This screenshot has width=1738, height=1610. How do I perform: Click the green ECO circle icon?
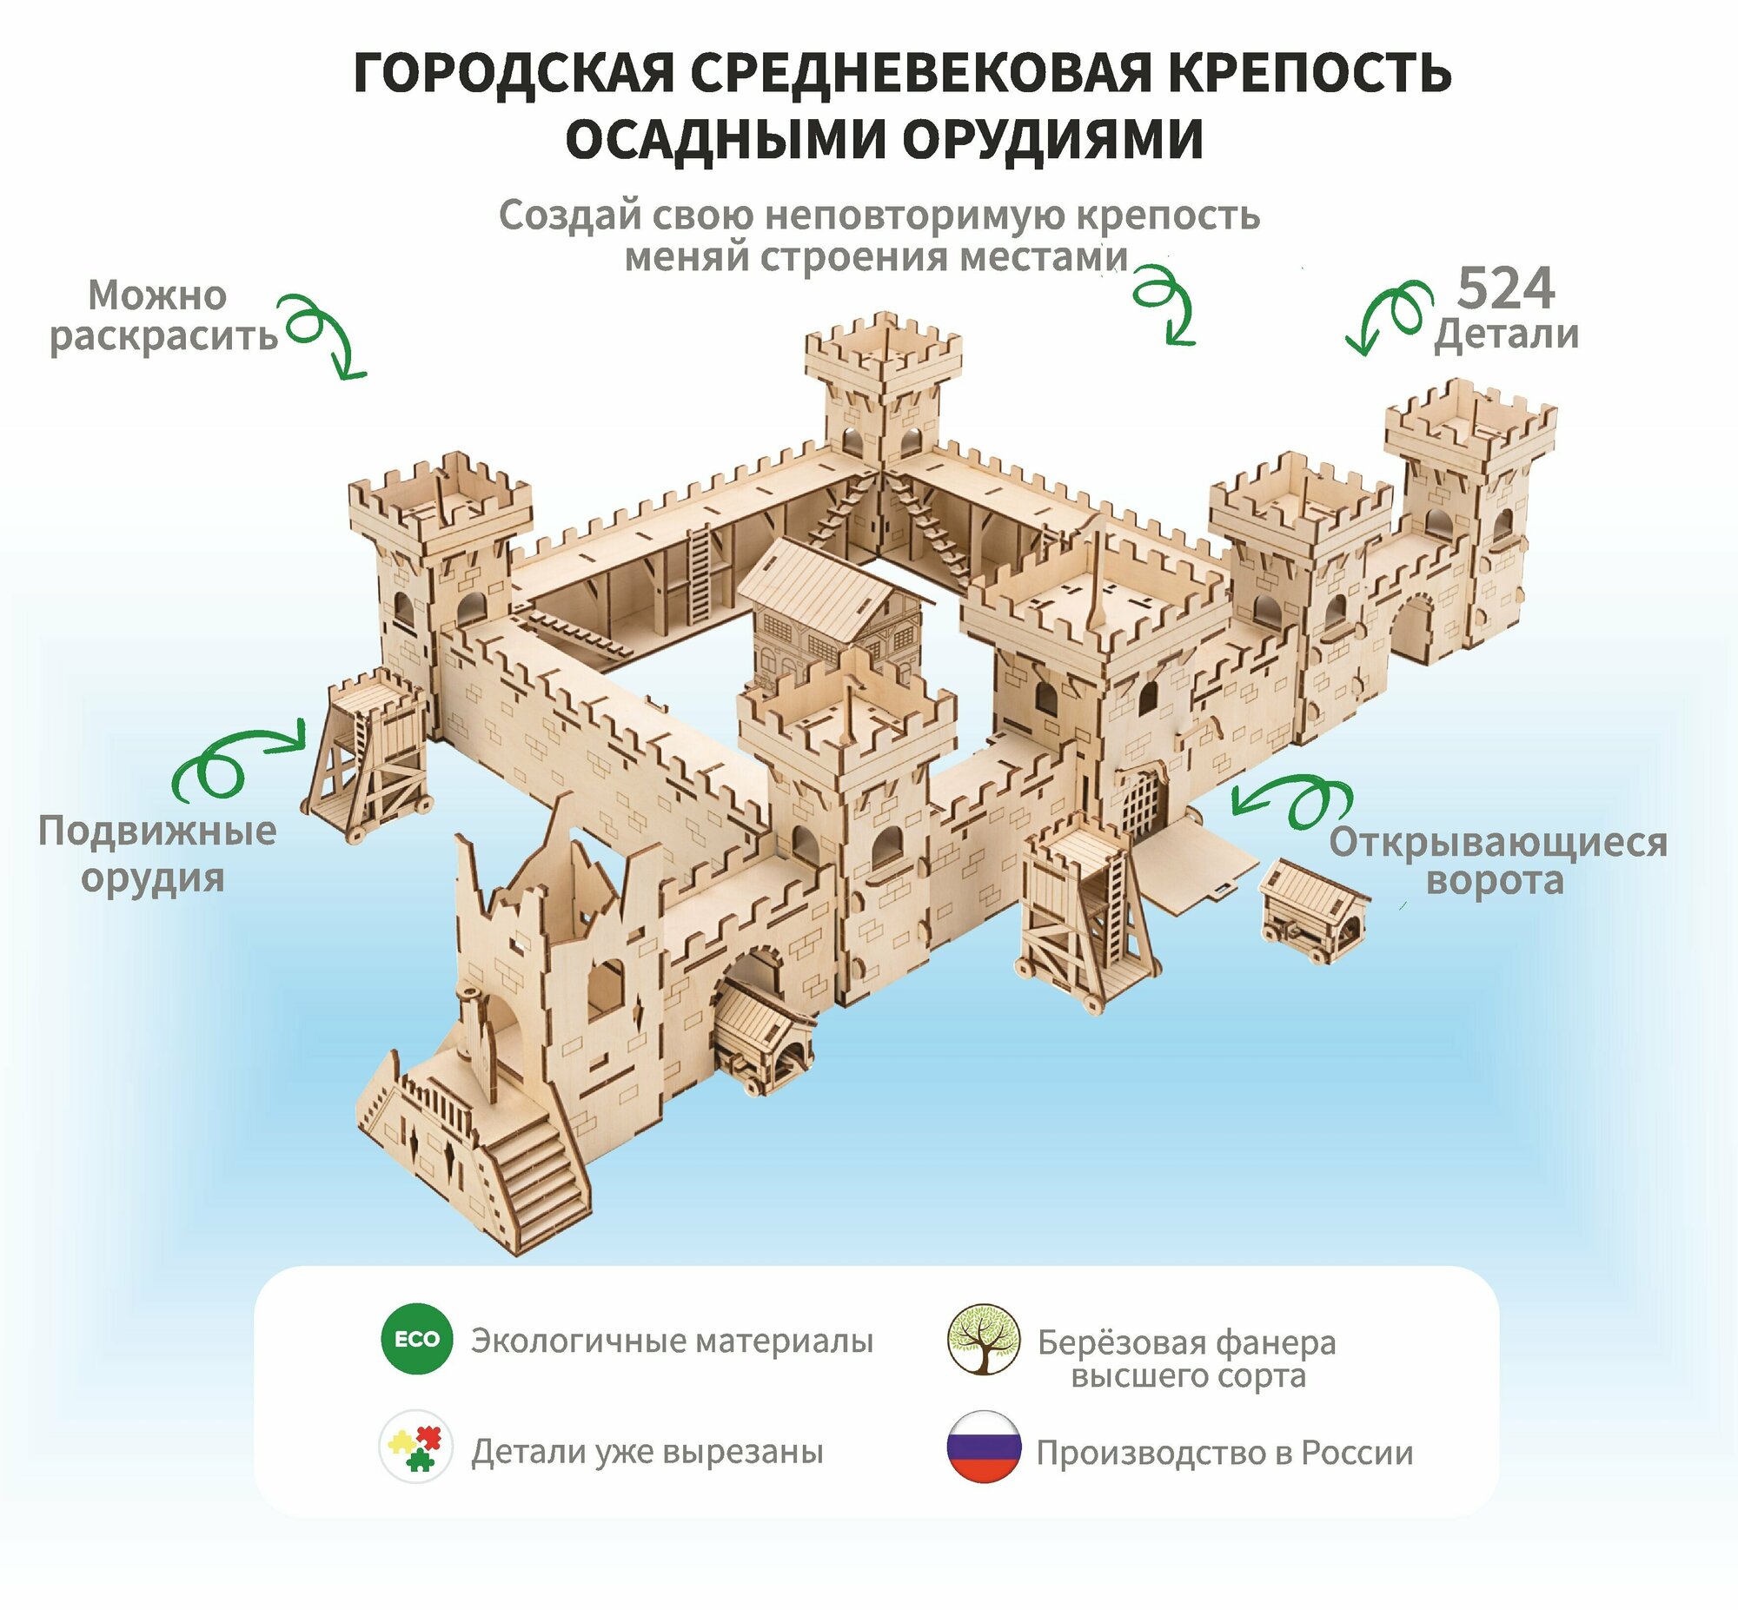coord(416,1338)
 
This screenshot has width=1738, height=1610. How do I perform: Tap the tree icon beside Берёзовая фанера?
coord(984,1339)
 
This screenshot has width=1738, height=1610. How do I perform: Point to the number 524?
coord(1505,288)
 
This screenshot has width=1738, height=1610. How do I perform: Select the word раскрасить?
coord(163,336)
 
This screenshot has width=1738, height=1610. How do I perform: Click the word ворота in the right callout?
coord(1495,880)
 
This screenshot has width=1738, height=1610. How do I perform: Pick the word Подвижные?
coord(156,832)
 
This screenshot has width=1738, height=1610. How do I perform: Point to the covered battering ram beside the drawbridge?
coord(1314,910)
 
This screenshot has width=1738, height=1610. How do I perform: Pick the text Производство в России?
coord(1224,1453)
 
